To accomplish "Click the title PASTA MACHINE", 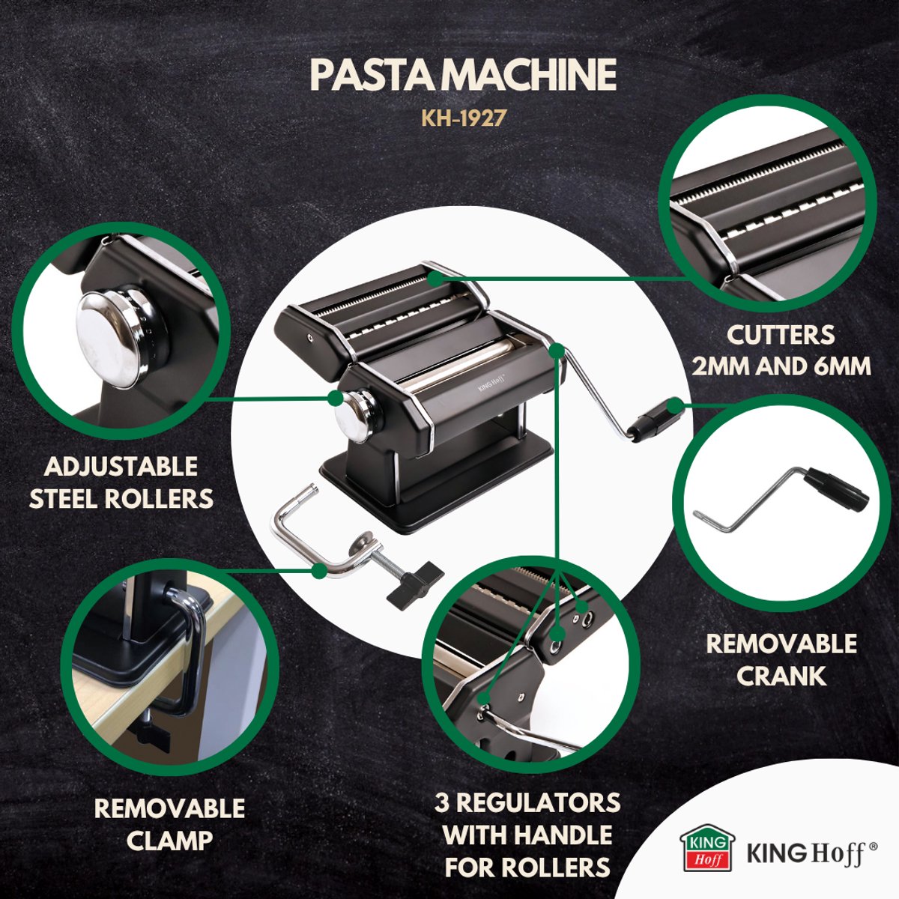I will [462, 76].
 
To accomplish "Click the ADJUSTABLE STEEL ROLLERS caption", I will [121, 482].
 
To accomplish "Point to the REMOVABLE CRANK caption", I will [781, 659].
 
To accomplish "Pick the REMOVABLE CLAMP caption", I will [169, 824].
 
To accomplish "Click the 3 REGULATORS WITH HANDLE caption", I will [527, 835].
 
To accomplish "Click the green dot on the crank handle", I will [675, 407].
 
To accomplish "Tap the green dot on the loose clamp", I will [319, 571].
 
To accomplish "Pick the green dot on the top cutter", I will [436, 278].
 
